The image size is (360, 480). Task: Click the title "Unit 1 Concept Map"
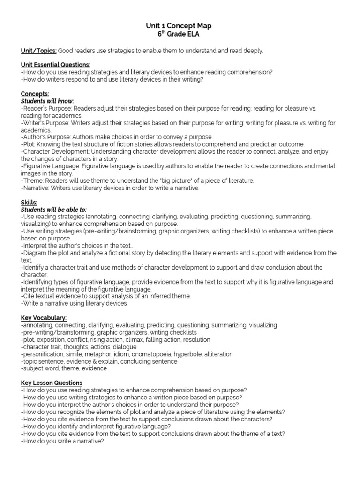[180, 26]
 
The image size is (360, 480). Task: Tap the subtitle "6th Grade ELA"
[180, 34]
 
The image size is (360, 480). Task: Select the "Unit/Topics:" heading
[39, 51]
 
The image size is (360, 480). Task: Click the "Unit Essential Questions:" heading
[56, 65]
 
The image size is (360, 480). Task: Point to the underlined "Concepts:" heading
[35, 94]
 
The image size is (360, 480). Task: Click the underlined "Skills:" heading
[29, 202]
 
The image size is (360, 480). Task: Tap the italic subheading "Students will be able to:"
[54, 210]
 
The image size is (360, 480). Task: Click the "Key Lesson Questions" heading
[52, 382]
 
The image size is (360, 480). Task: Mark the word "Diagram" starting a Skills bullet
[35, 253]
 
